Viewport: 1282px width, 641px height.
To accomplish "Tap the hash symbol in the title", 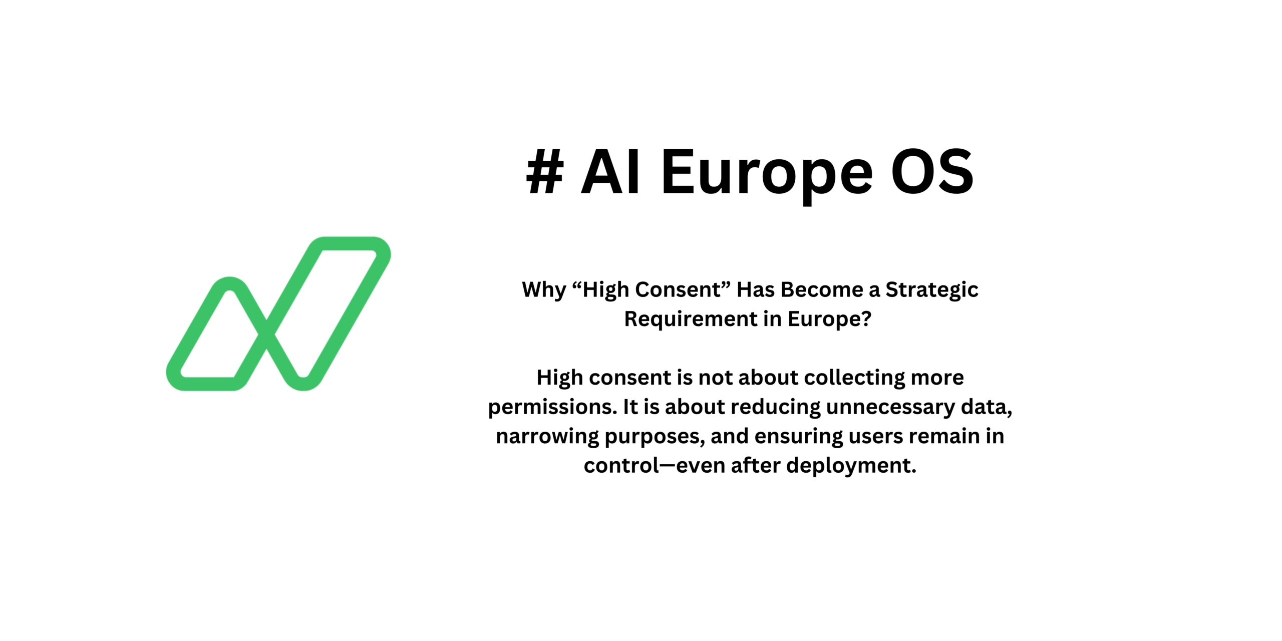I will click(545, 172).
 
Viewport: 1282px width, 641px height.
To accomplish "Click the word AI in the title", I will click(611, 172).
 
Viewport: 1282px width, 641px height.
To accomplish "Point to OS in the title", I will click(932, 172).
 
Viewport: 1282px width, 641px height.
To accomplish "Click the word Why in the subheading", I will click(544, 290).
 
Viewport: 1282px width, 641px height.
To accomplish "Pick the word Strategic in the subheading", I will click(931, 290).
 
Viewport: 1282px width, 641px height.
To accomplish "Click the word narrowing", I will click(547, 437).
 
